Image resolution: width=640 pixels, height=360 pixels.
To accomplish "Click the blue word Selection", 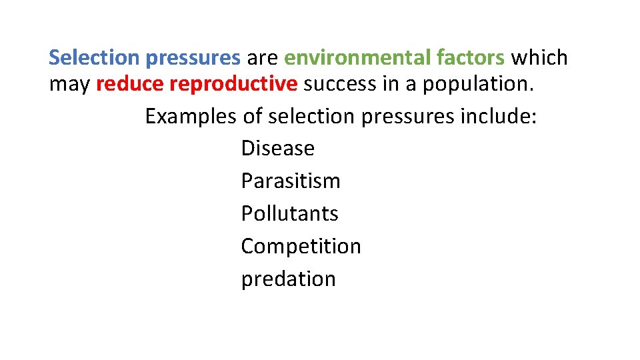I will pos(94,58).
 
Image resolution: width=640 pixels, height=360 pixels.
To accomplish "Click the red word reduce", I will pos(131,85).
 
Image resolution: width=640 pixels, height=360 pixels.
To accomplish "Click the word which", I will pos(539,58).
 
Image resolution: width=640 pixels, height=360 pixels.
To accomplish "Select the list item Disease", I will pos(277,148).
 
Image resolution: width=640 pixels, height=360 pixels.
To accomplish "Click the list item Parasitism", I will pos(291,181).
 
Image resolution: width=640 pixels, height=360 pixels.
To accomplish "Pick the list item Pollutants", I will pos(289,213).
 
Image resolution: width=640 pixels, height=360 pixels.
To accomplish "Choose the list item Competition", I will pos(301,247).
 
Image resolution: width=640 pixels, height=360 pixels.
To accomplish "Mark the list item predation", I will pos(288,279).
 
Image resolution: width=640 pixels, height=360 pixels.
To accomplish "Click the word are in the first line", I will pos(262,59).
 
